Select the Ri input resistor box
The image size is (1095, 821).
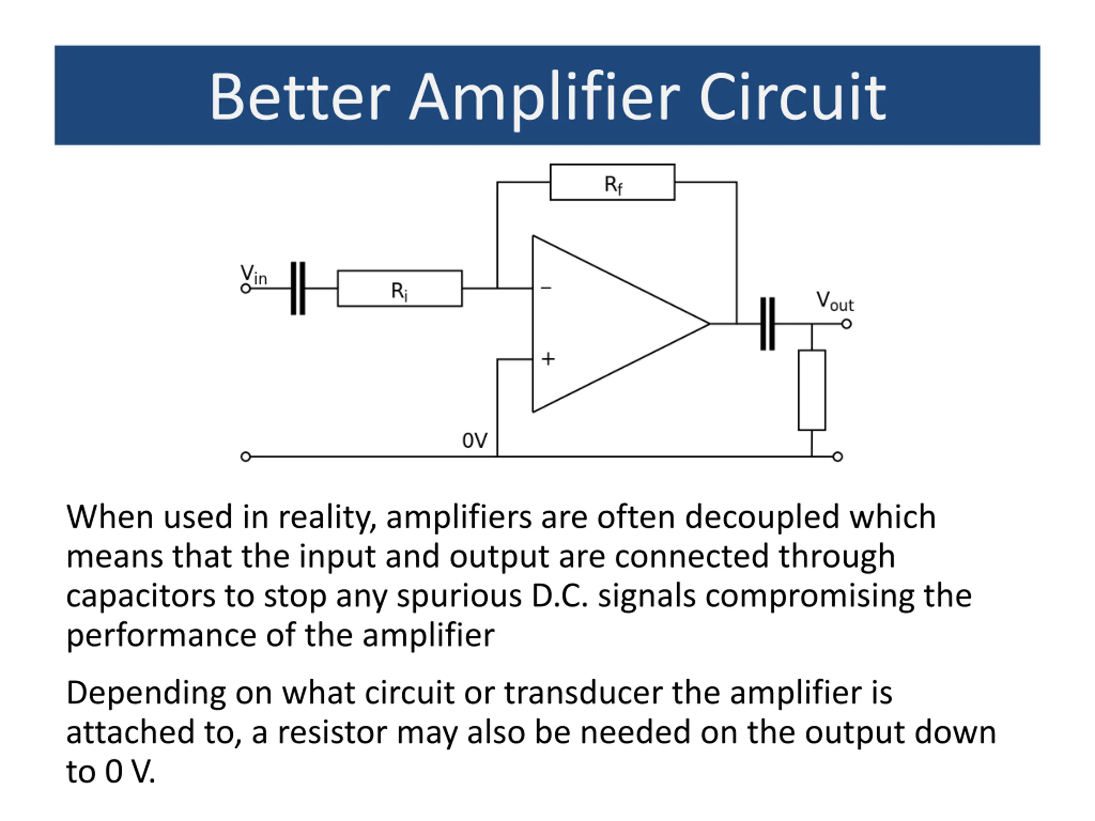pos(400,289)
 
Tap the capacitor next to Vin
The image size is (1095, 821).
pos(298,288)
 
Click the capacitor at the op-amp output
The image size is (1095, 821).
pos(767,324)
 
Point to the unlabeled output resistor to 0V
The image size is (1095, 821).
pos(811,390)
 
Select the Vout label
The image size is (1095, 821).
pos(835,301)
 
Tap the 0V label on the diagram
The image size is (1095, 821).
pos(474,440)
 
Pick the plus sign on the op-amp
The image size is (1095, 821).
pos(547,359)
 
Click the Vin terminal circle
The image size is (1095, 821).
pos(246,289)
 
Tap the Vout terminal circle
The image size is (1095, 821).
pos(846,324)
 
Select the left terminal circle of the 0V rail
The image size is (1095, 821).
pos(246,457)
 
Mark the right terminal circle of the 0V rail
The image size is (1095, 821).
pos(838,457)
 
